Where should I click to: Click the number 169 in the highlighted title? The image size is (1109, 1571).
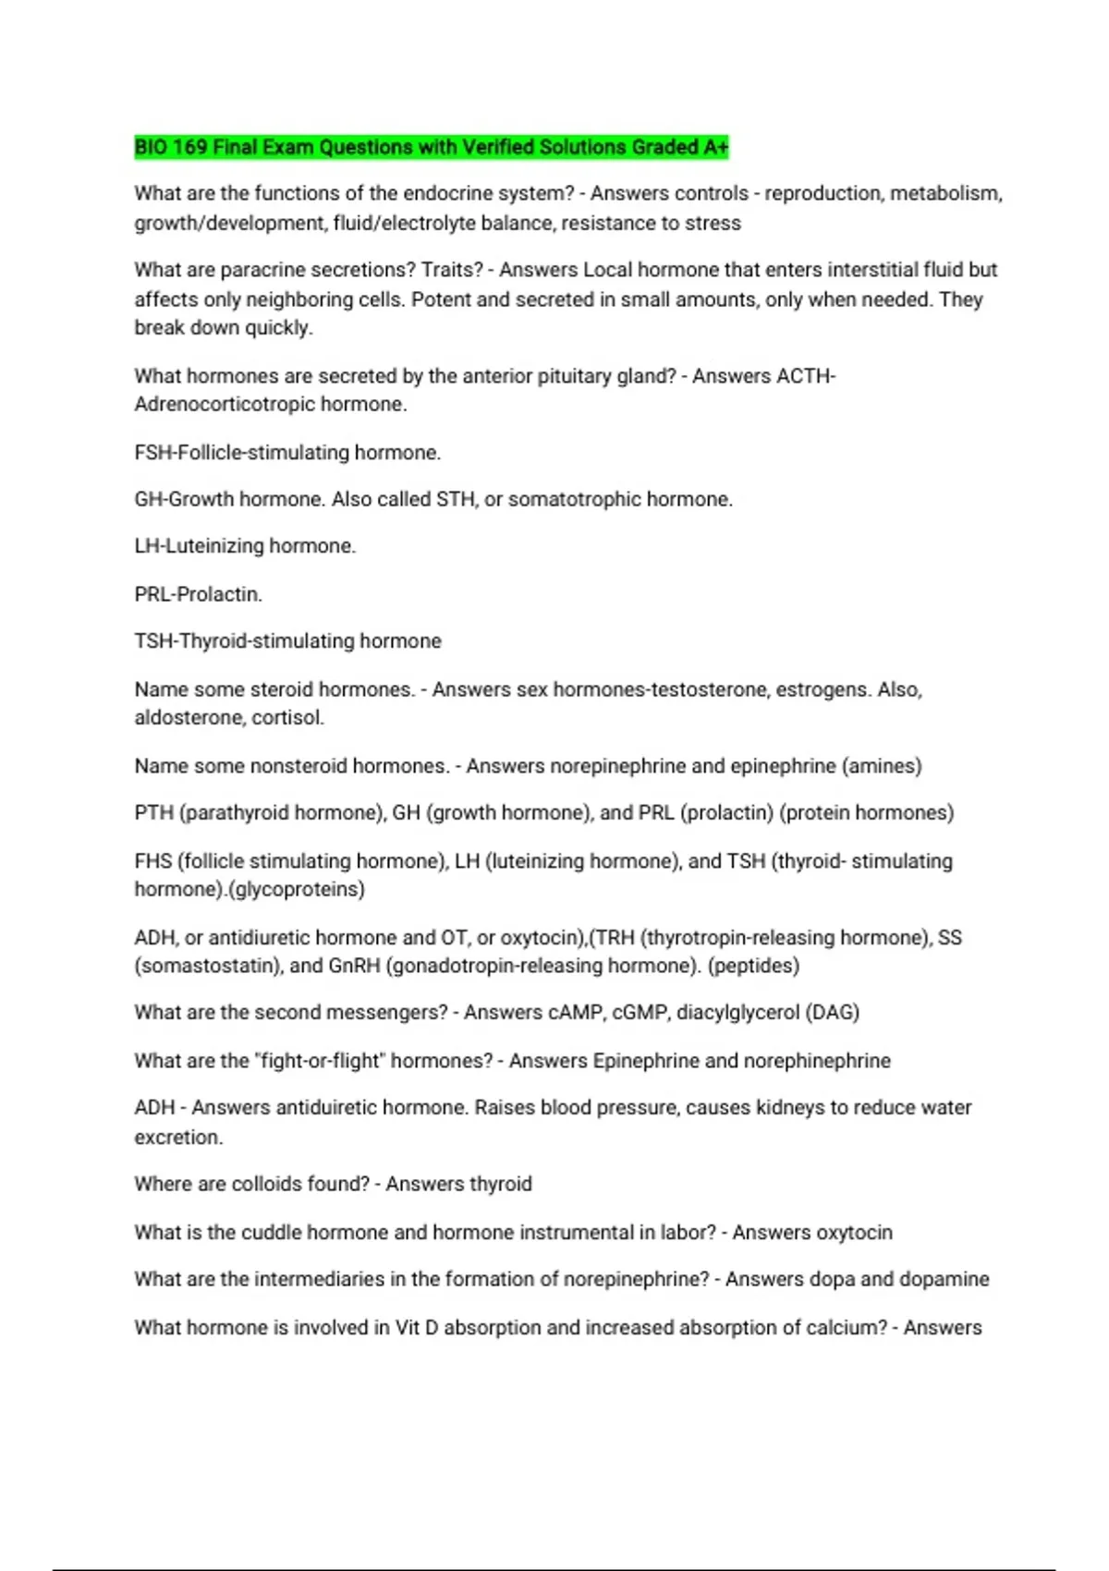[x=189, y=148]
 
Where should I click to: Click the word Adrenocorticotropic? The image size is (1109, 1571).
[x=224, y=405]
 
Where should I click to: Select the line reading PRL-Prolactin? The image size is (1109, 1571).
[x=199, y=594]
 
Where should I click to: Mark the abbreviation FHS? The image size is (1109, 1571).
[x=153, y=861]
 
